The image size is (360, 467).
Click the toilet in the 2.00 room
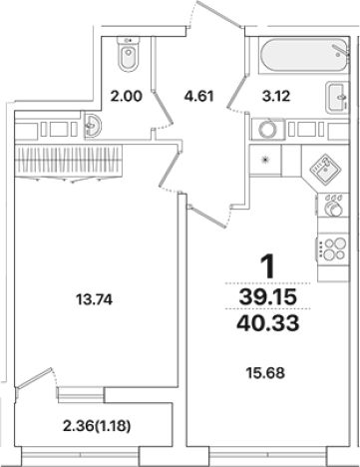coord(128,58)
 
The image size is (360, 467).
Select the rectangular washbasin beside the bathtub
coord(335,97)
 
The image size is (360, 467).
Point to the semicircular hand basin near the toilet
coord(93,126)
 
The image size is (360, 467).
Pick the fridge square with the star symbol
coord(266,160)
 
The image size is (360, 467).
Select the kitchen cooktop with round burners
coord(328,248)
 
